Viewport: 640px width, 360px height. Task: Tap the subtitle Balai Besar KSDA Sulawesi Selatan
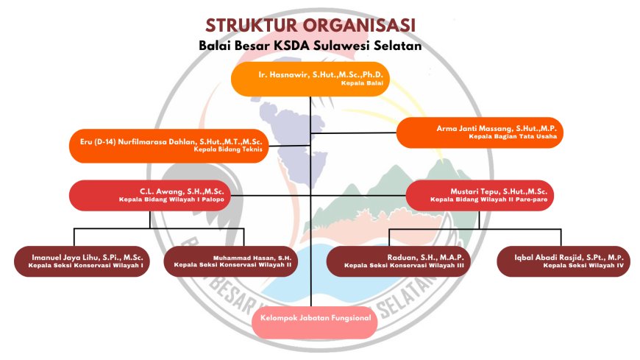309,46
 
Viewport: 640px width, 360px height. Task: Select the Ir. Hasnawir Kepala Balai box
310,79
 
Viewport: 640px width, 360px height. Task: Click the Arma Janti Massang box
480,132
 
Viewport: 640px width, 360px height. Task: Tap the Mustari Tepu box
479,194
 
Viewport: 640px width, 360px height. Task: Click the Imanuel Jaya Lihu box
82,260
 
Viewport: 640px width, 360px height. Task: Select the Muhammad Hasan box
232,260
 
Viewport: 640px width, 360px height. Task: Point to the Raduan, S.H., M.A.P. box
398,260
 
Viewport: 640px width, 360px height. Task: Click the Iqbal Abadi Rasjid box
563,260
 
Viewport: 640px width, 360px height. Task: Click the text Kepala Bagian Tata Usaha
512,136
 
